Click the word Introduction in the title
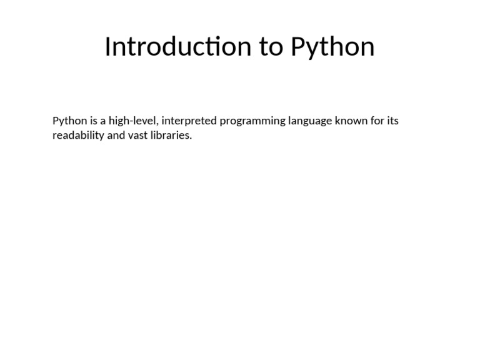pos(178,46)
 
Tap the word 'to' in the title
pos(271,47)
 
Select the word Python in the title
pos(332,48)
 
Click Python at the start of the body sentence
pos(70,121)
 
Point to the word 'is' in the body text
pos(94,121)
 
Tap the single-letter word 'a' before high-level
pos(103,121)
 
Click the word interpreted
pos(189,121)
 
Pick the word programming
pos(252,121)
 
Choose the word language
pos(310,121)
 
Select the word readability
pos(78,136)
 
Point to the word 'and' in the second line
pos(116,135)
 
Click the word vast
pos(137,136)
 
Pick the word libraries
pos(169,135)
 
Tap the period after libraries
pos(191,138)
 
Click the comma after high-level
pos(157,124)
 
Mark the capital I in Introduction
pos(107,46)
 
